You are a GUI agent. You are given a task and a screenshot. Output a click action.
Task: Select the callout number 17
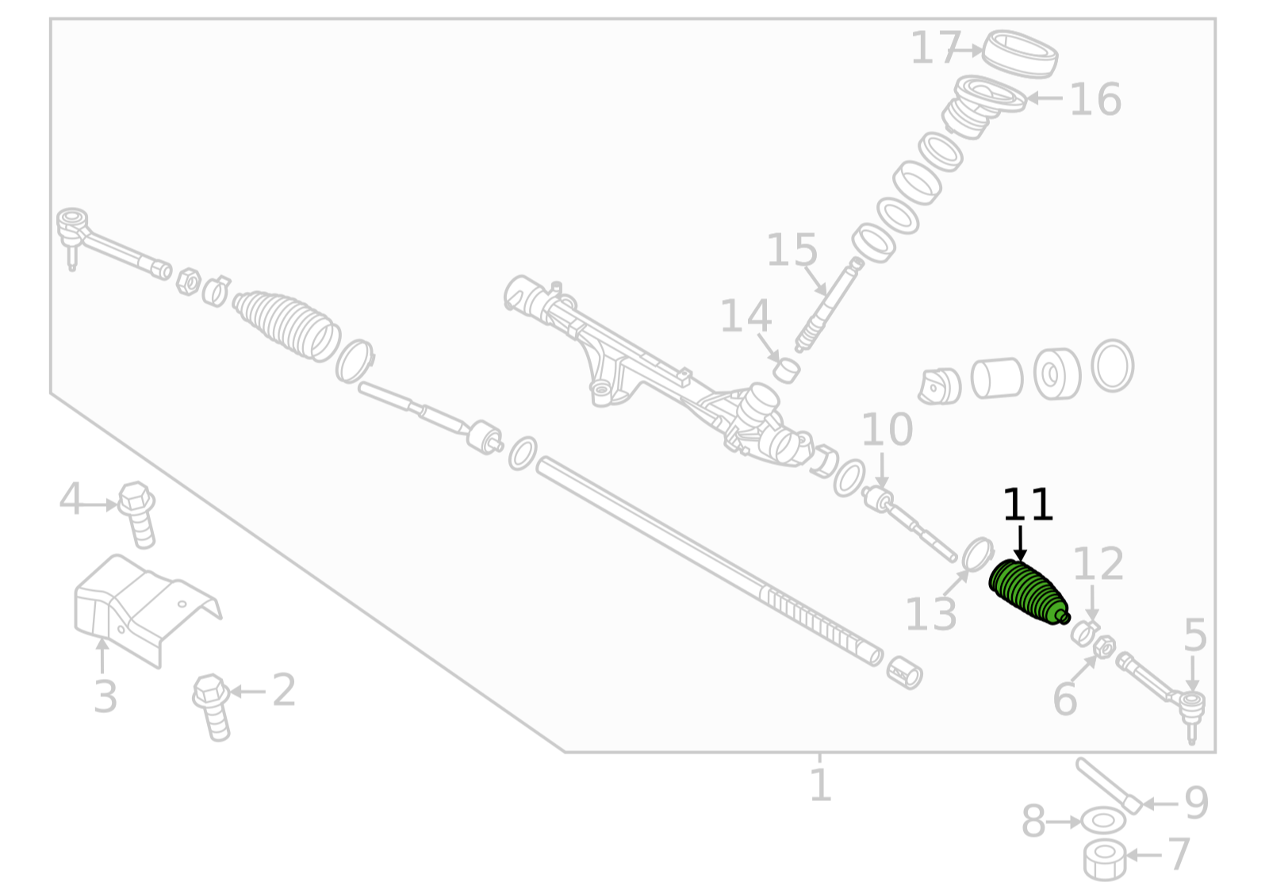pyautogui.click(x=936, y=48)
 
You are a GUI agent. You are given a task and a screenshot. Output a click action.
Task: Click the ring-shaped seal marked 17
pyautogui.click(x=1020, y=54)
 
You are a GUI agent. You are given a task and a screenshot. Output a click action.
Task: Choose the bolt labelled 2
pyautogui.click(x=212, y=707)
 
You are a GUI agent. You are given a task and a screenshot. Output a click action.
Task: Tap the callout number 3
pyautogui.click(x=105, y=696)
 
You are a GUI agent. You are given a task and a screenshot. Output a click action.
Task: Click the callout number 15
pyautogui.click(x=792, y=250)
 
